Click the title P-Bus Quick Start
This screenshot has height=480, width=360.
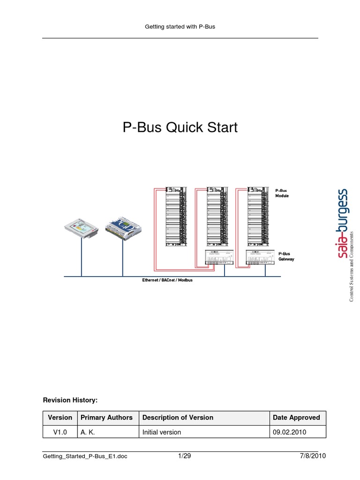click(x=180, y=127)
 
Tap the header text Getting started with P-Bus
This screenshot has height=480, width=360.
click(x=180, y=27)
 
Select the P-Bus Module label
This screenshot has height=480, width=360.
click(x=282, y=193)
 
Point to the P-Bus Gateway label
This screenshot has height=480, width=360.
click(x=286, y=256)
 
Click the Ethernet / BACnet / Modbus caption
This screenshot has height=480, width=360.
click(x=167, y=280)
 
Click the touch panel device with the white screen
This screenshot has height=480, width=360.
click(x=81, y=227)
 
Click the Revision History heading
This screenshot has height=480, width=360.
click(x=70, y=400)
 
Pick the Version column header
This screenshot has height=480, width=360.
click(x=60, y=417)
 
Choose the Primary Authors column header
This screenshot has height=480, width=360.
click(x=106, y=417)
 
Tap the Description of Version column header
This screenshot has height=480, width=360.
click(x=178, y=417)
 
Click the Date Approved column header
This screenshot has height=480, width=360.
click(x=296, y=417)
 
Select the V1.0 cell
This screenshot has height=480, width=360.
click(x=60, y=432)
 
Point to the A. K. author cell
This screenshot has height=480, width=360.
click(x=88, y=432)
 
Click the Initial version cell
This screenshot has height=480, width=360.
click(x=162, y=432)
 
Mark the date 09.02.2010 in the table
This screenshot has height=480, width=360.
click(x=289, y=432)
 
